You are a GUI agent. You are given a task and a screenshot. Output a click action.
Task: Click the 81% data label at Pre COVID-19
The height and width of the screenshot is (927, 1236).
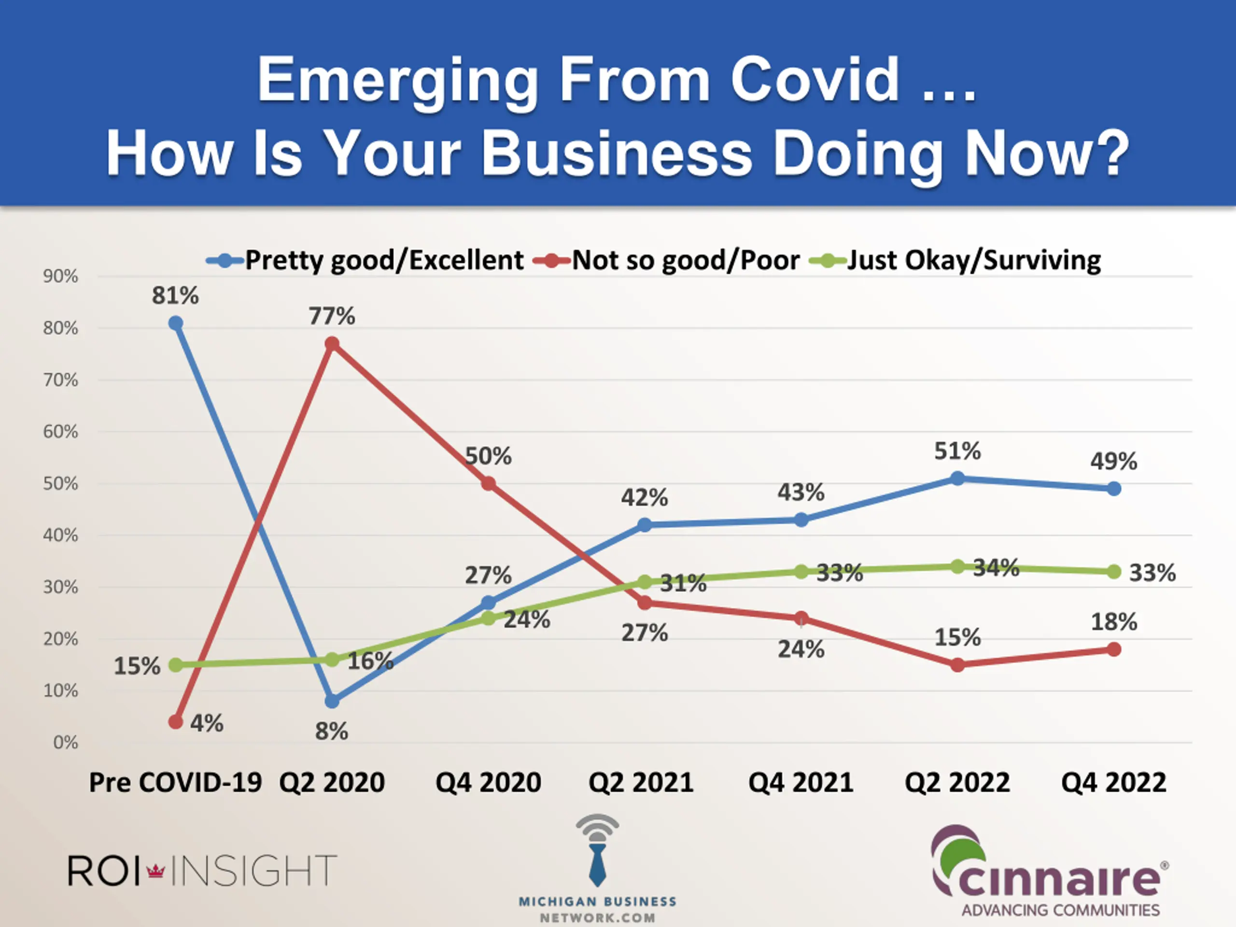click(x=175, y=295)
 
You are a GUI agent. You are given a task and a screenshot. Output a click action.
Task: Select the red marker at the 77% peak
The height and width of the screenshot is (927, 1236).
click(x=332, y=343)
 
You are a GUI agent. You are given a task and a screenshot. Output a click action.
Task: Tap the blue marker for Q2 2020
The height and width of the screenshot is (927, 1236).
click(x=332, y=701)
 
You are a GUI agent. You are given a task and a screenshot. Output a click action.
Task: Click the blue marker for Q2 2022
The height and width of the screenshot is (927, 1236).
click(x=957, y=478)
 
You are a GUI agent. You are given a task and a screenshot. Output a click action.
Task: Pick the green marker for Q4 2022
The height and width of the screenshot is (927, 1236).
click(x=1114, y=572)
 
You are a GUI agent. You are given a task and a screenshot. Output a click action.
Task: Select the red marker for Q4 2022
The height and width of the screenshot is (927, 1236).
click(x=1114, y=649)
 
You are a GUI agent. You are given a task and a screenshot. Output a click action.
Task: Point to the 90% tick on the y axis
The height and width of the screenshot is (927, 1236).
click(x=60, y=276)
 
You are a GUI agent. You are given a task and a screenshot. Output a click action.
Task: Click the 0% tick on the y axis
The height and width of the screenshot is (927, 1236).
click(x=65, y=743)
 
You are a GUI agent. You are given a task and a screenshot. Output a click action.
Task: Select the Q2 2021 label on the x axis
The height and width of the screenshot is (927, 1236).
click(x=641, y=782)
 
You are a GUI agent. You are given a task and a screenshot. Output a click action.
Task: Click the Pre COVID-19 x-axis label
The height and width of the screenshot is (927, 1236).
click(x=175, y=782)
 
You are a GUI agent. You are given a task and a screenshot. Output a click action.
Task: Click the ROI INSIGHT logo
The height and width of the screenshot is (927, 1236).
click(x=202, y=870)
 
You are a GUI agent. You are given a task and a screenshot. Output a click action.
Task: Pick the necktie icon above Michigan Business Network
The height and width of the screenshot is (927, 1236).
click(x=597, y=863)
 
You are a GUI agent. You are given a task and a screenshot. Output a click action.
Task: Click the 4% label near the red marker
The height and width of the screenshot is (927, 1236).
click(x=207, y=723)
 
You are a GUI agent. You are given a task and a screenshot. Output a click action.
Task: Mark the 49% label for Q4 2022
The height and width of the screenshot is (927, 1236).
click(x=1114, y=462)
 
